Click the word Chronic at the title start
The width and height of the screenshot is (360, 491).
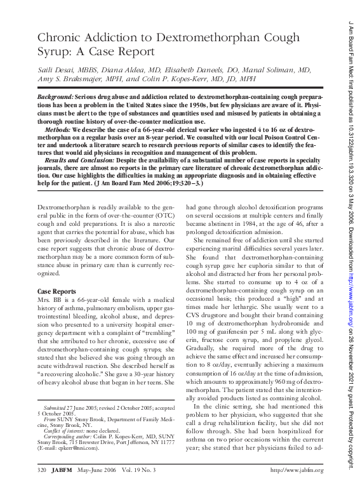tap(62, 37)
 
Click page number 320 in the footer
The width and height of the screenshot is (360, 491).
tap(43, 471)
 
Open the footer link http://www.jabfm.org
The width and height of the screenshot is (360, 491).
tap(297, 471)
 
